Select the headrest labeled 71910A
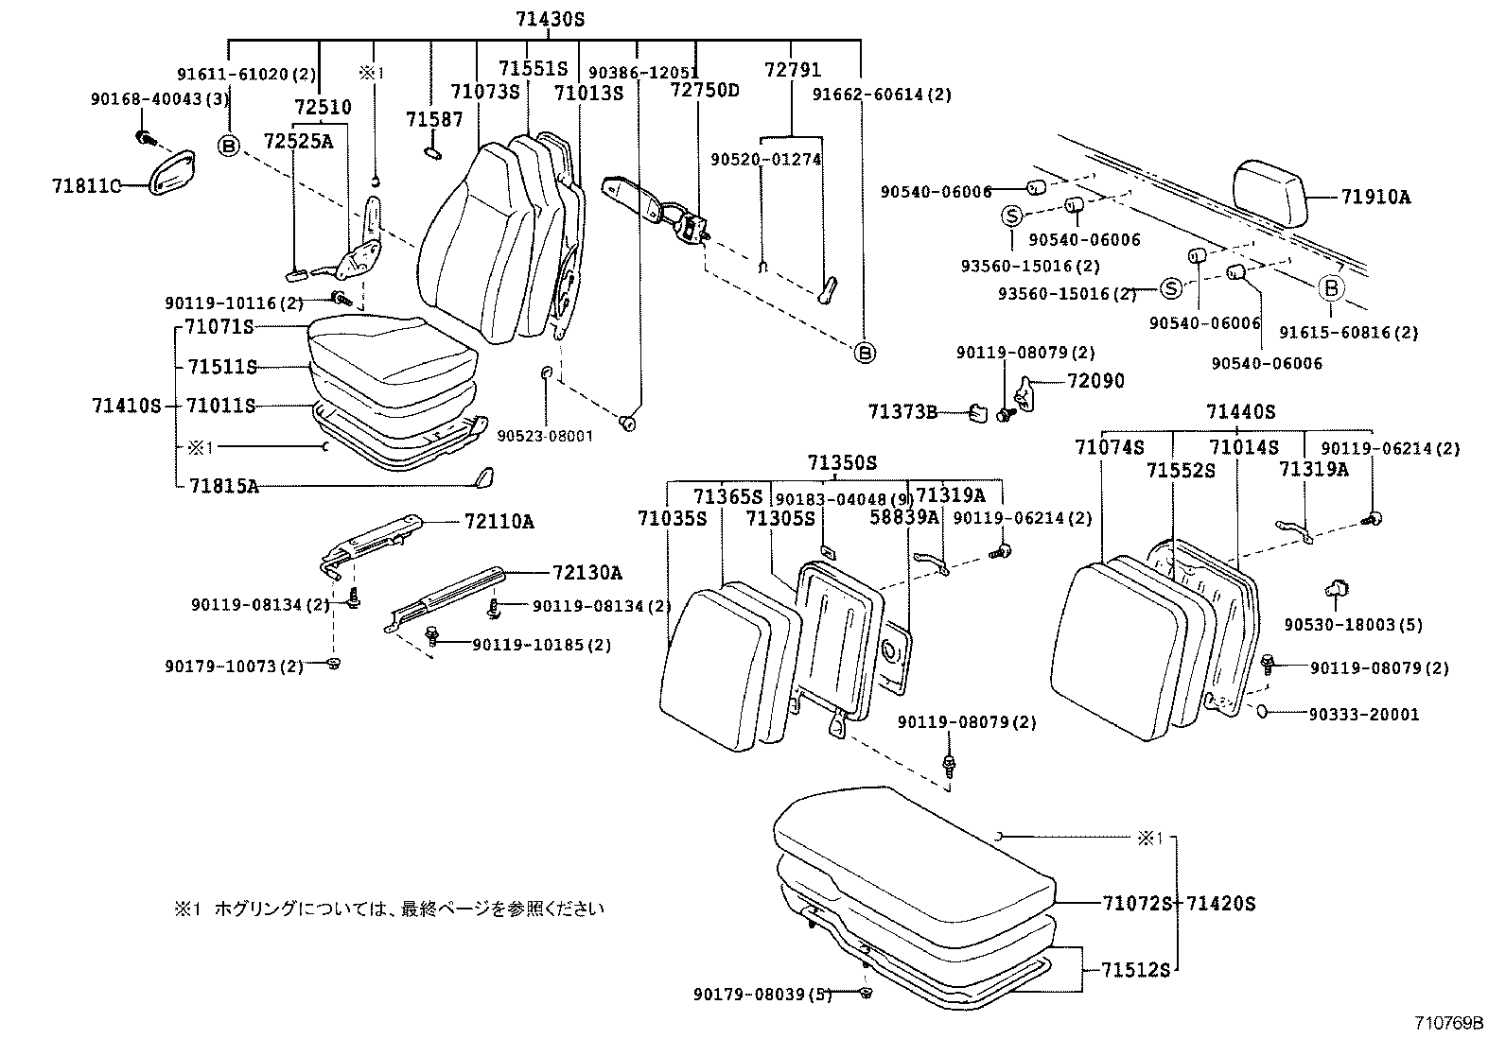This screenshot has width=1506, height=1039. [1270, 195]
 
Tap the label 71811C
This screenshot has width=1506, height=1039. [86, 186]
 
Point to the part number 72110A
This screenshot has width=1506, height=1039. [499, 521]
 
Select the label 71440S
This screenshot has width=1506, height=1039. [1240, 412]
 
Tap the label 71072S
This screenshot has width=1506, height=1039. [1136, 903]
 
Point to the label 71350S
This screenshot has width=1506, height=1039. [841, 462]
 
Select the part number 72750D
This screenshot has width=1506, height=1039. [705, 91]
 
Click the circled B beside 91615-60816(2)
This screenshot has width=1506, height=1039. [1330, 288]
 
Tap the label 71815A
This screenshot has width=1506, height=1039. [223, 486]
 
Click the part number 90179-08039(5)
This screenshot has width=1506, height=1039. [762, 994]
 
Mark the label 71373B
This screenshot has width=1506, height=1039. [902, 412]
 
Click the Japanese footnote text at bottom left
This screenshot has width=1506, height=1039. [388, 909]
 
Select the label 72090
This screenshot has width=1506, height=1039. [1095, 381]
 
